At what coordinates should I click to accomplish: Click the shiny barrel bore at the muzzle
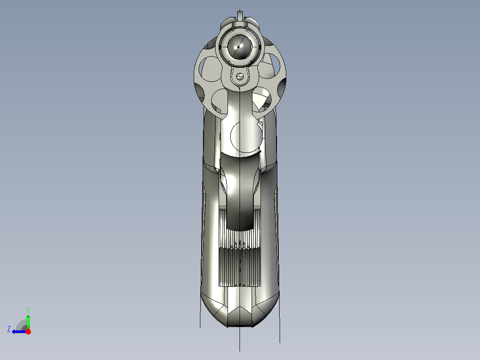coord(240,46)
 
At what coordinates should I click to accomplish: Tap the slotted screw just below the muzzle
coord(240,77)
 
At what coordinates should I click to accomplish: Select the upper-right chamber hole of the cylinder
coord(272,67)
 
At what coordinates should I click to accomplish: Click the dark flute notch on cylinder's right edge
coord(281,92)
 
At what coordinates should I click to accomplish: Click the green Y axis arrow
coord(28,320)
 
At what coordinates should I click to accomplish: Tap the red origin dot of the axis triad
coord(28,331)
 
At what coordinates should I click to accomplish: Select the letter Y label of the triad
coord(28,309)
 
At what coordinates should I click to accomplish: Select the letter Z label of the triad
coord(9,329)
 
